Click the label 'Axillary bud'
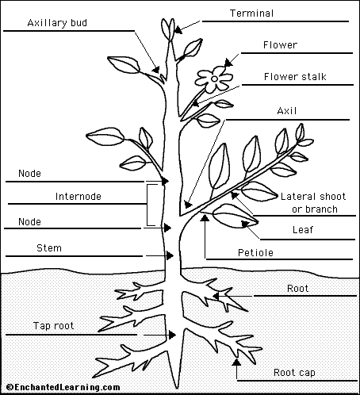(x=57, y=23)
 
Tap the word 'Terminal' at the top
(x=251, y=13)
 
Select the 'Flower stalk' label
(x=295, y=77)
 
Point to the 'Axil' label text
(x=287, y=111)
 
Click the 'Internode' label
(x=79, y=197)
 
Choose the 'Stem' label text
(x=49, y=248)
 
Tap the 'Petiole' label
(x=255, y=253)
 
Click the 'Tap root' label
(x=53, y=326)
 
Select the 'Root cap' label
(x=294, y=373)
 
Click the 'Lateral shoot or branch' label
(x=313, y=203)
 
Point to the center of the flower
(x=214, y=79)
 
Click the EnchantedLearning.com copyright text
(x=63, y=387)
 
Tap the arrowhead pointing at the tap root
(x=173, y=335)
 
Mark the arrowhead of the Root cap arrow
(x=236, y=362)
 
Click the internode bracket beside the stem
(x=147, y=205)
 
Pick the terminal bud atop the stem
(x=168, y=29)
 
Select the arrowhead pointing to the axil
(x=187, y=205)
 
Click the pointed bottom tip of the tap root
(x=175, y=388)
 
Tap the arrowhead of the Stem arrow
(x=170, y=255)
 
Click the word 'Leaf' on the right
(x=303, y=230)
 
